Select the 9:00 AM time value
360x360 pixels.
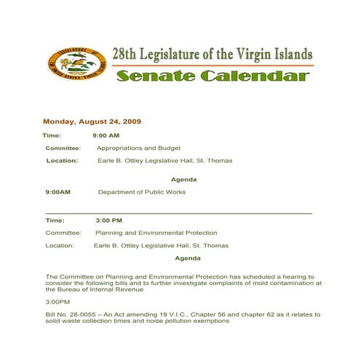tap(105, 135)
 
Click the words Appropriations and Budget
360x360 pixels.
tap(138, 148)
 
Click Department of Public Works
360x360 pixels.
tap(142, 192)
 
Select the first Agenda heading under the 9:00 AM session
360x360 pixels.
tap(183, 179)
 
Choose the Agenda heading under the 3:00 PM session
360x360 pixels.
tap(188, 258)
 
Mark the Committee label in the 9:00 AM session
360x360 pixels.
tap(63, 148)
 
